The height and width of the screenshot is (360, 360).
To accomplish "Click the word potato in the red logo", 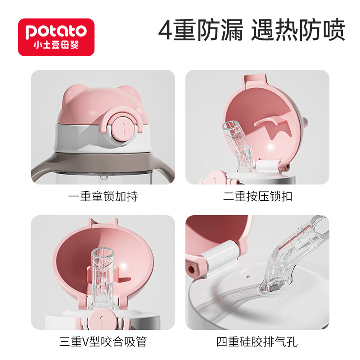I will [x=56, y=31].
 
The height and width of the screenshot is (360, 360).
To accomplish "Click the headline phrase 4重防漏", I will [x=201, y=31].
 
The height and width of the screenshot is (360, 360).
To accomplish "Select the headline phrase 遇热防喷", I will [x=298, y=31].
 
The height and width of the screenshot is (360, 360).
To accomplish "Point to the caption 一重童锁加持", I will [x=103, y=197].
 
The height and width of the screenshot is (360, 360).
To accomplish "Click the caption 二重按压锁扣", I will [x=257, y=197].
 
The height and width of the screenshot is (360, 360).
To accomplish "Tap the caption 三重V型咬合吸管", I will [x=103, y=342].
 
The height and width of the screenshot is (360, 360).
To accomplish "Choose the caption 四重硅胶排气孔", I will [x=257, y=342].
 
